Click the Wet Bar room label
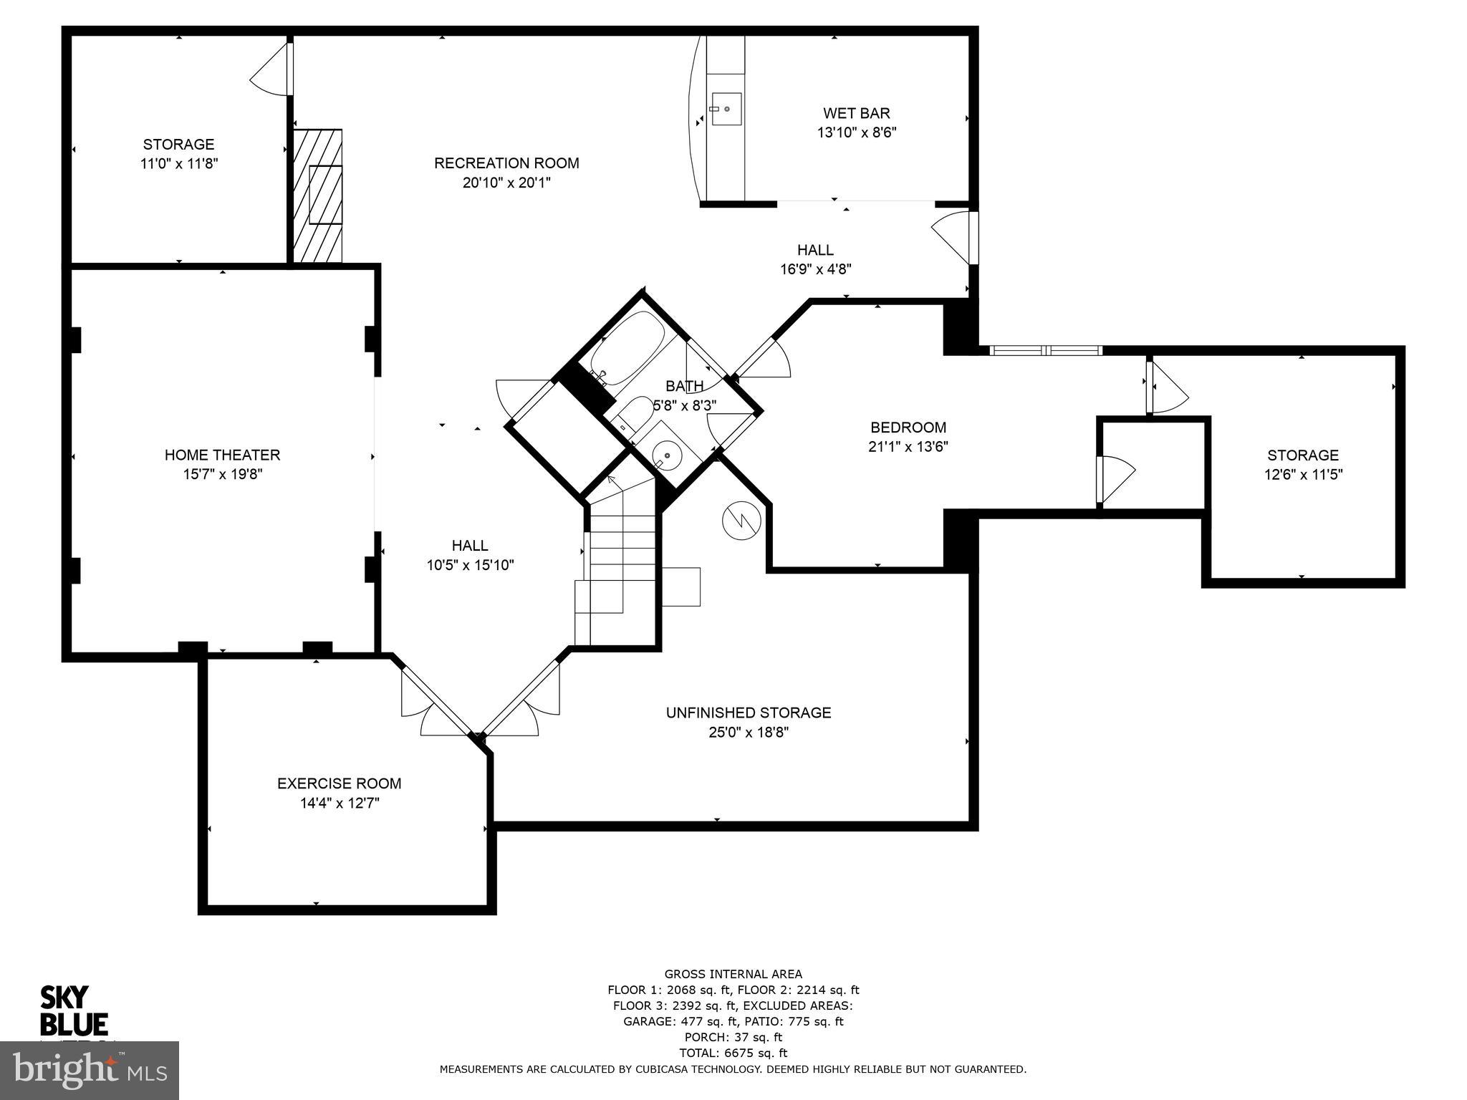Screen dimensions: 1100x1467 pos(856,113)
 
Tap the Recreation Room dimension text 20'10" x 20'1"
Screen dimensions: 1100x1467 pos(506,183)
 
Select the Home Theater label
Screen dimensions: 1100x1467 pos(222,455)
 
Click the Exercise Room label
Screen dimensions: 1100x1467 pos(339,783)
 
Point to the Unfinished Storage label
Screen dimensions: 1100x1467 pos(749,713)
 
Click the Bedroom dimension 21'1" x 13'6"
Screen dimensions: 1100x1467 pos(908,447)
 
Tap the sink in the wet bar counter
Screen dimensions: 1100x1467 pos(726,109)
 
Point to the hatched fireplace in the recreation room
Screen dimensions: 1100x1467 pos(319,196)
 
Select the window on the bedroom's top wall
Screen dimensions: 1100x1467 pos(1046,350)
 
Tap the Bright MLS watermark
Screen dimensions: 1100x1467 pos(90,1070)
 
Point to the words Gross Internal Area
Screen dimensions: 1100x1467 pos(733,974)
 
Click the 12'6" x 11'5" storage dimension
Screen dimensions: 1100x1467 pos(1302,474)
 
